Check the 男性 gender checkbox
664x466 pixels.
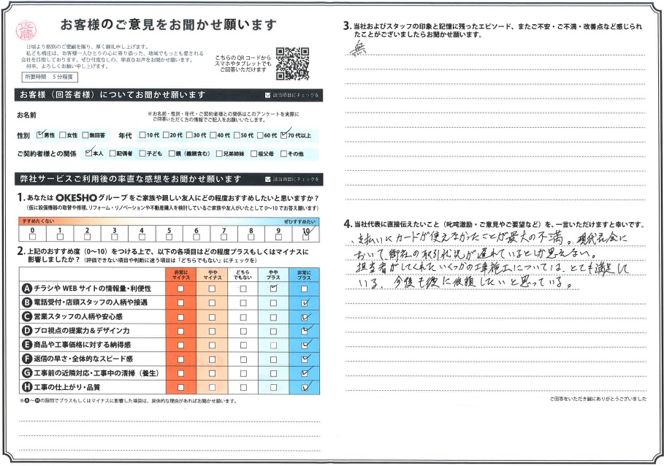point(41,135)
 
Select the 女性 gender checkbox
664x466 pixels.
point(64,135)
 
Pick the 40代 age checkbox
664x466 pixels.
point(212,135)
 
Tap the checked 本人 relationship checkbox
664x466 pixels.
point(88,153)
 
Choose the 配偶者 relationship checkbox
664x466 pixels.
point(112,153)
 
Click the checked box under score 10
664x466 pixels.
point(305,236)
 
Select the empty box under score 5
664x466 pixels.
point(169,236)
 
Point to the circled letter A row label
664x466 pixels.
point(27,288)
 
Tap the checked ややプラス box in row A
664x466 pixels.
point(274,288)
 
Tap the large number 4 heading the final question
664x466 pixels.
point(346,224)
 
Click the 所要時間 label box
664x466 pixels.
point(35,77)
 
